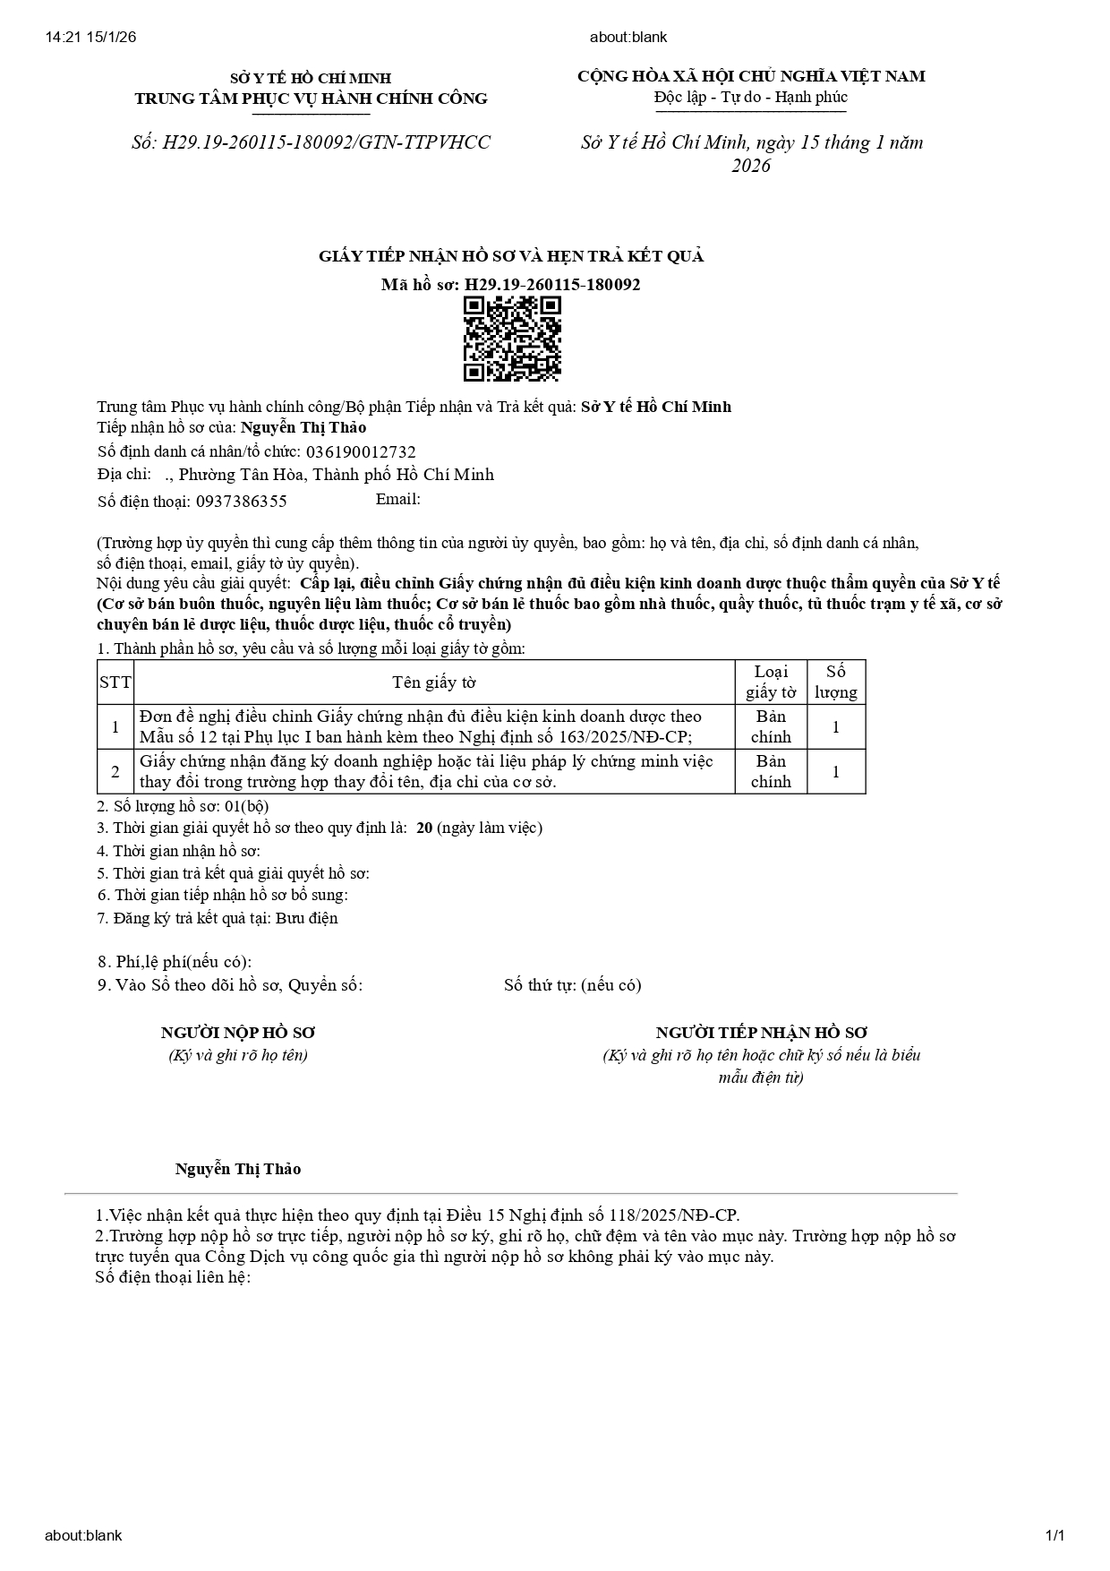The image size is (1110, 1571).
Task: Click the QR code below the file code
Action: (x=511, y=339)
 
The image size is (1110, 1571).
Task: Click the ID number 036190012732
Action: (x=361, y=452)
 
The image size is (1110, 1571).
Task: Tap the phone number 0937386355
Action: (x=242, y=502)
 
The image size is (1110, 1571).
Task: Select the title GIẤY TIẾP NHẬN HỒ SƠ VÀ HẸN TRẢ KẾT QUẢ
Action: (x=511, y=257)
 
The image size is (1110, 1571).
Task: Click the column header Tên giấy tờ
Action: (x=434, y=682)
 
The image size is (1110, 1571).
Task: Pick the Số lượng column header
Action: (x=835, y=682)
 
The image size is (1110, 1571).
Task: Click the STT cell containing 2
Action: (x=115, y=772)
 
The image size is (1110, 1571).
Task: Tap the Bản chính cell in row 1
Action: (x=771, y=726)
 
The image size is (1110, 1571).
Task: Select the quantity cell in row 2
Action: (x=835, y=772)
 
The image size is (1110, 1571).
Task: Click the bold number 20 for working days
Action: (x=424, y=828)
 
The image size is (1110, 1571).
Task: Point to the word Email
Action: (x=397, y=499)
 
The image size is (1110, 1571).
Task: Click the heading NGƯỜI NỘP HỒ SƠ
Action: (x=238, y=1033)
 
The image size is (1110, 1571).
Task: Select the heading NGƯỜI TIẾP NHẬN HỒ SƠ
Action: (x=762, y=1033)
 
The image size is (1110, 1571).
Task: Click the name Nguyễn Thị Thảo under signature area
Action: (x=238, y=1169)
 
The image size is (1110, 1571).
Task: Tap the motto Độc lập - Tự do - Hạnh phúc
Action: (x=750, y=97)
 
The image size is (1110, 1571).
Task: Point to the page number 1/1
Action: (x=1054, y=1535)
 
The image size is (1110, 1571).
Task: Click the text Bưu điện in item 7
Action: (x=307, y=918)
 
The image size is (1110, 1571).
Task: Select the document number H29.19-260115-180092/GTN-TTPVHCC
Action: (x=311, y=142)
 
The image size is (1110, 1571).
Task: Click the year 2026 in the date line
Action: (x=750, y=166)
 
